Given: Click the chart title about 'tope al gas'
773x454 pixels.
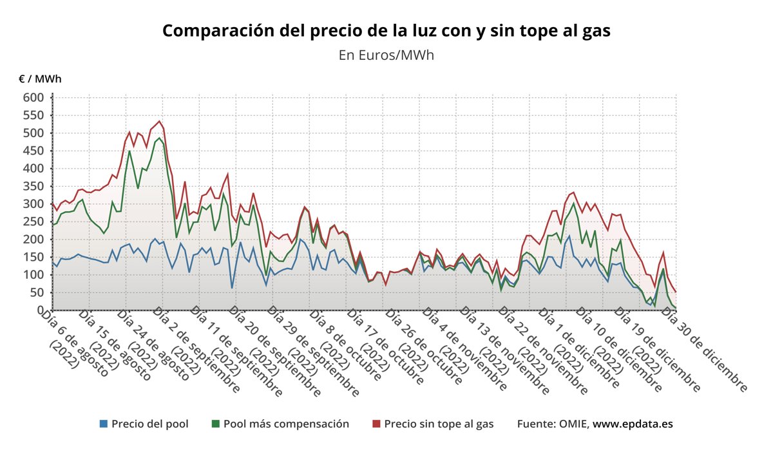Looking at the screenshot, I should (x=386, y=30).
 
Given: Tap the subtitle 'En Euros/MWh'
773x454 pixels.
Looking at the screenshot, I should (x=386, y=55).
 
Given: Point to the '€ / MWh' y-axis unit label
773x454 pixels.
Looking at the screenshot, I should (x=40, y=79).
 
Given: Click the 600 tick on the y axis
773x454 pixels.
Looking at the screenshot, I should (x=34, y=98).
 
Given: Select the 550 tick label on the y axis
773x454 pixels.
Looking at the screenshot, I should (x=34, y=115).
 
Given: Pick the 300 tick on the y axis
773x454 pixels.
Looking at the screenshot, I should (x=34, y=204).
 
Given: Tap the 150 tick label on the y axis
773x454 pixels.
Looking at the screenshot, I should (x=34, y=257).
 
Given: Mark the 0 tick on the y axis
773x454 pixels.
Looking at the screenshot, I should (x=40, y=310).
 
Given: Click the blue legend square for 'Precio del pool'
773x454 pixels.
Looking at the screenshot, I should (x=104, y=424).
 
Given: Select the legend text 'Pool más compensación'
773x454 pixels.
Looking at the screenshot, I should (x=286, y=424).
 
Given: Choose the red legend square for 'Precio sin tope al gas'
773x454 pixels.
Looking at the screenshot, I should (x=377, y=424).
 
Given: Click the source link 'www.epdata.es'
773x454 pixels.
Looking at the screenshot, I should (x=633, y=424).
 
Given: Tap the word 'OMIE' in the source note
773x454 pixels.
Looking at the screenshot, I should (x=570, y=424).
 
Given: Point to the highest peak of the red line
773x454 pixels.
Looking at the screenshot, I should (x=159, y=121).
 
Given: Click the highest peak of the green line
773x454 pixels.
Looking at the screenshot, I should (x=159, y=138).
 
